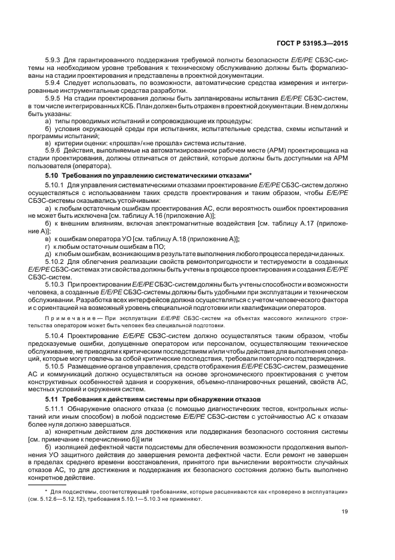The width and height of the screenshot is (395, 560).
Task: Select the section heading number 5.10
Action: click(x=52, y=175)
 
